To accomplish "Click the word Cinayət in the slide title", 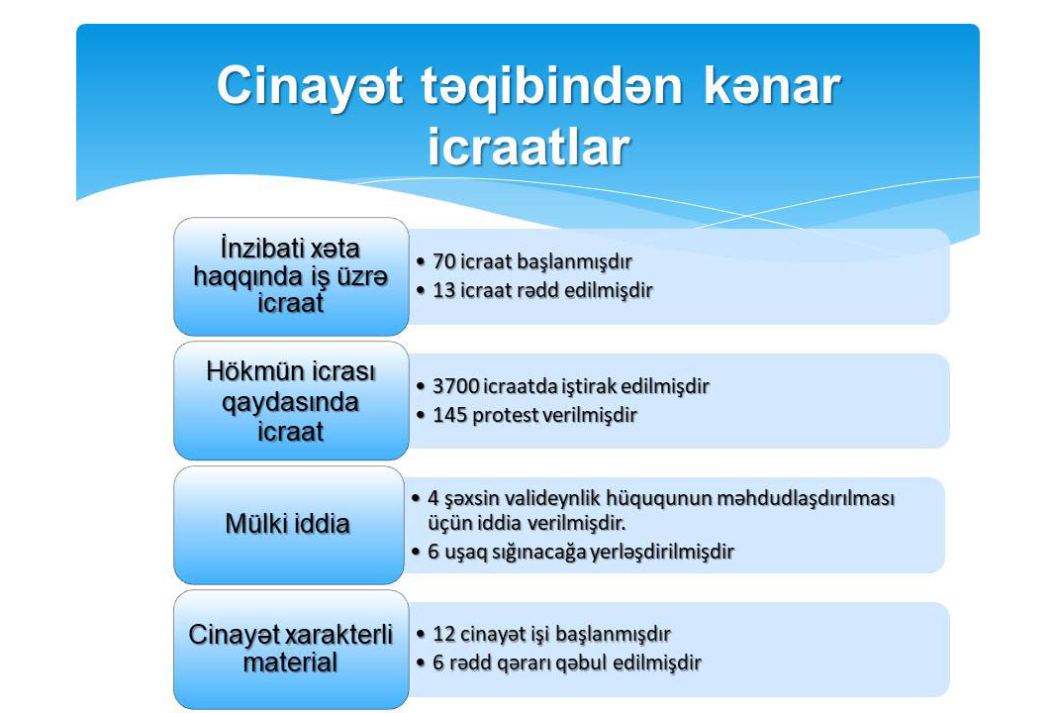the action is tap(310, 87).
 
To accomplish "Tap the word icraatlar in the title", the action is tap(528, 147).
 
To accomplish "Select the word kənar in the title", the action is tap(772, 86).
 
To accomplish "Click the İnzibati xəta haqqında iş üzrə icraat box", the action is tap(291, 276).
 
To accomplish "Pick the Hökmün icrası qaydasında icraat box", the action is tap(291, 401).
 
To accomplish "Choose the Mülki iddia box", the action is tap(289, 525).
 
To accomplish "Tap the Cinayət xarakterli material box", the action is tap(291, 649).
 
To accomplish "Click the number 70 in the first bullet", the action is tap(444, 261).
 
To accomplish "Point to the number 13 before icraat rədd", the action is tap(444, 290).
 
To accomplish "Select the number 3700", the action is tap(455, 386).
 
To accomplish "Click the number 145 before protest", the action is tap(449, 415).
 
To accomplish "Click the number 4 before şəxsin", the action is tap(433, 498).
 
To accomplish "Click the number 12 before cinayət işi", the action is tap(444, 634).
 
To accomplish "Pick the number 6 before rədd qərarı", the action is tap(438, 663).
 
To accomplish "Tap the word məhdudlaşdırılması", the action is tap(806, 499).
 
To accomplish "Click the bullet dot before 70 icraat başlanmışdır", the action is tap(421, 261).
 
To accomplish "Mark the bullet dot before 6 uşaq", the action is tap(416, 553).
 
